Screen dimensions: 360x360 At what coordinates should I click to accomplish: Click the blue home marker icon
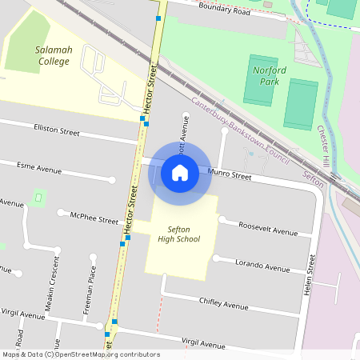pos(180,172)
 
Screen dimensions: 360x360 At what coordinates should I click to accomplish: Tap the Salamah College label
pos(54,55)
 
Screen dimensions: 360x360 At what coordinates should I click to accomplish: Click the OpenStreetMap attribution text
pos(80,354)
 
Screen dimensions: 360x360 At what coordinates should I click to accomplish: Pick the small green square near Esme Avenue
pos(38,197)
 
